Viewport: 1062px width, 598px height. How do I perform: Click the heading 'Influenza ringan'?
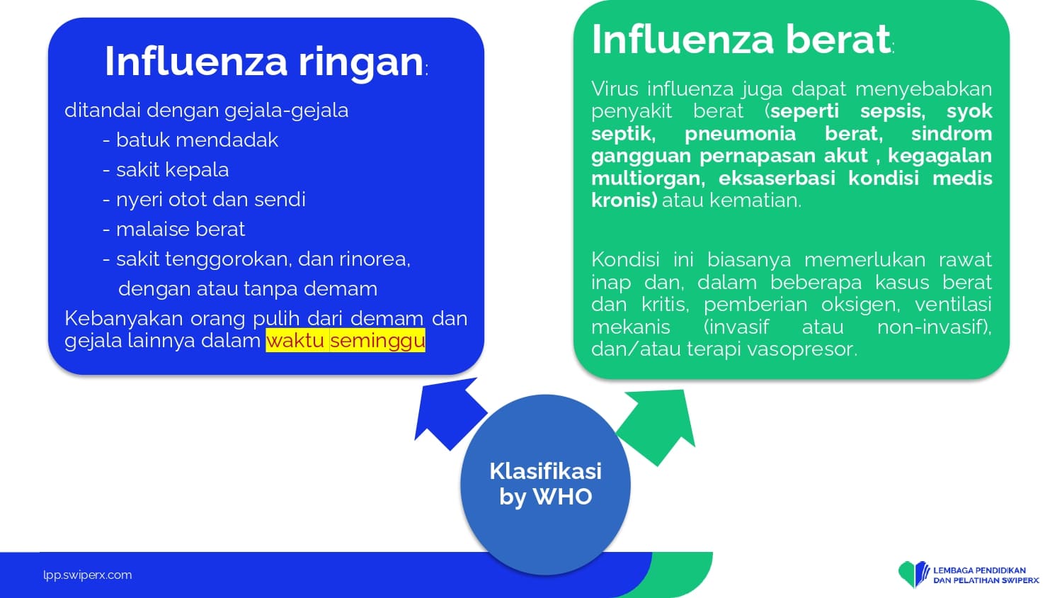click(x=264, y=62)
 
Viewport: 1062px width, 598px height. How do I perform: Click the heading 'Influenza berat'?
click(x=741, y=39)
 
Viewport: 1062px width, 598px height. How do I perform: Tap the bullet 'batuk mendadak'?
click(x=197, y=140)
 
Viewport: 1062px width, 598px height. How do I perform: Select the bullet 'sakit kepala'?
click(x=172, y=169)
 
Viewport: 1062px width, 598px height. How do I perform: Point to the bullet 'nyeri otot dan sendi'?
click(x=210, y=199)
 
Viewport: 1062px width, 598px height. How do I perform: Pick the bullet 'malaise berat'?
click(x=180, y=230)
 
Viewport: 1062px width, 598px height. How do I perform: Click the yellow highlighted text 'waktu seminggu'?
click(x=346, y=340)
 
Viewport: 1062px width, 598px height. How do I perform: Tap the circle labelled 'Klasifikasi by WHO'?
click(x=545, y=485)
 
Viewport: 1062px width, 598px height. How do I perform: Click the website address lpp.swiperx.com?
click(x=88, y=575)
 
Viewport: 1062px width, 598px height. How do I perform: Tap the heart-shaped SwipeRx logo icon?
click(x=913, y=573)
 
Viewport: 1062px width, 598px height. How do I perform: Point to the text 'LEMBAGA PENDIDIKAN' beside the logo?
click(x=979, y=570)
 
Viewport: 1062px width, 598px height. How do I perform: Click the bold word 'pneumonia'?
click(x=740, y=134)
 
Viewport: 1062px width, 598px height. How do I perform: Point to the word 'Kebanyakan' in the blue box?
click(x=124, y=318)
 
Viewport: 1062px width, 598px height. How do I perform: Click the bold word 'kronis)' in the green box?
click(x=624, y=201)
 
